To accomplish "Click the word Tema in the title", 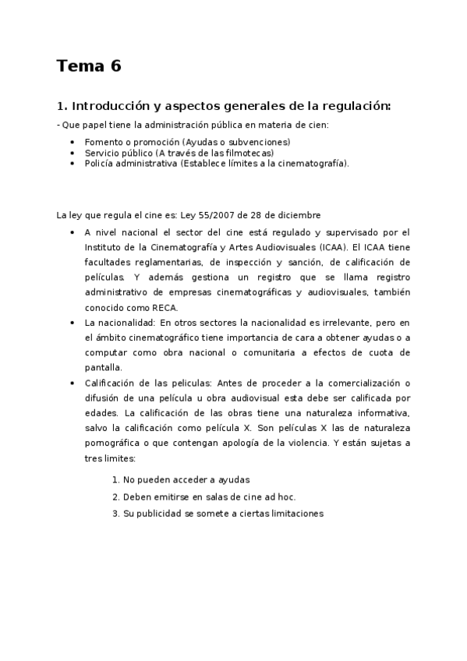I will [80, 66].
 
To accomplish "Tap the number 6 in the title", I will [116, 66].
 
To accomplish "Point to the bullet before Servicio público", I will [73, 153].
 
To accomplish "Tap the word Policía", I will [99, 164].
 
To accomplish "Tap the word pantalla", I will [104, 367].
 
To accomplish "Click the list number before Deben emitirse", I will [115, 497].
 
